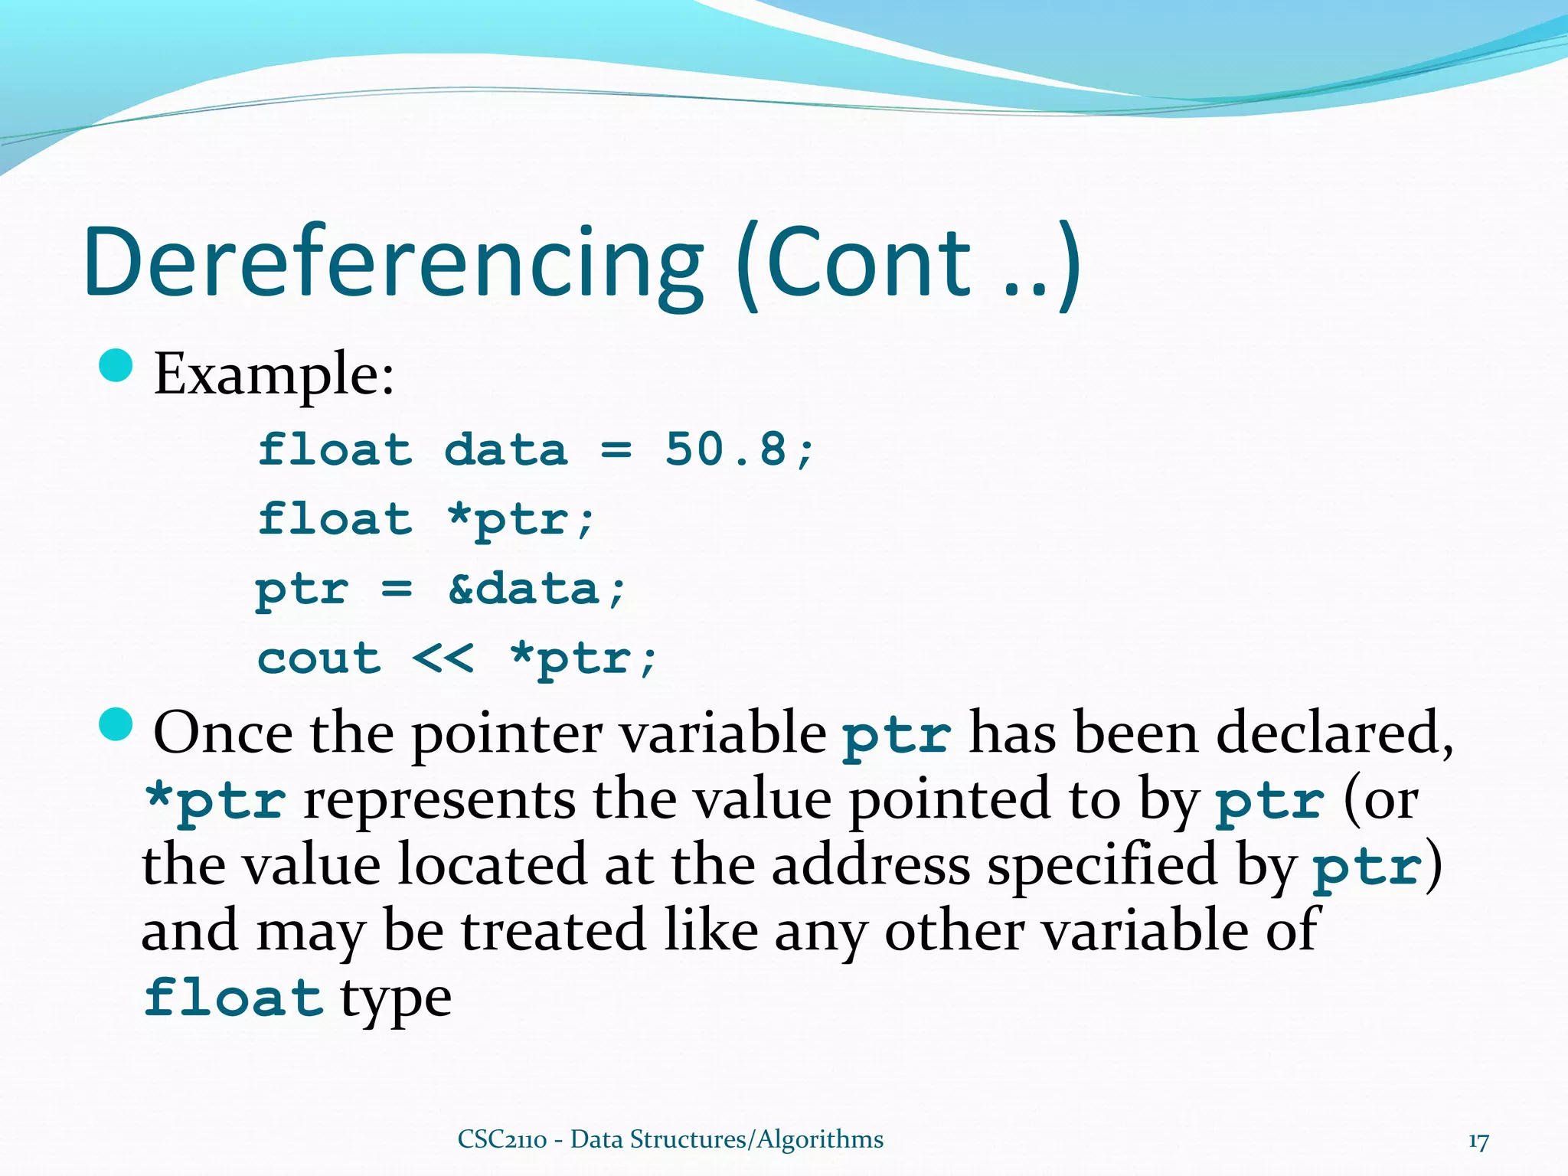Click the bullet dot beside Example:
click(x=116, y=366)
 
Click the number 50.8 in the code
click(x=725, y=449)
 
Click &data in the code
click(x=523, y=589)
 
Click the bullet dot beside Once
click(x=116, y=724)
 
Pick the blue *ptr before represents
click(x=216, y=801)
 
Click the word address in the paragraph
click(x=871, y=866)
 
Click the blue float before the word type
click(x=234, y=998)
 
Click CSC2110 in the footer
click(x=502, y=1139)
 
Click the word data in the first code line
click(x=506, y=449)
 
